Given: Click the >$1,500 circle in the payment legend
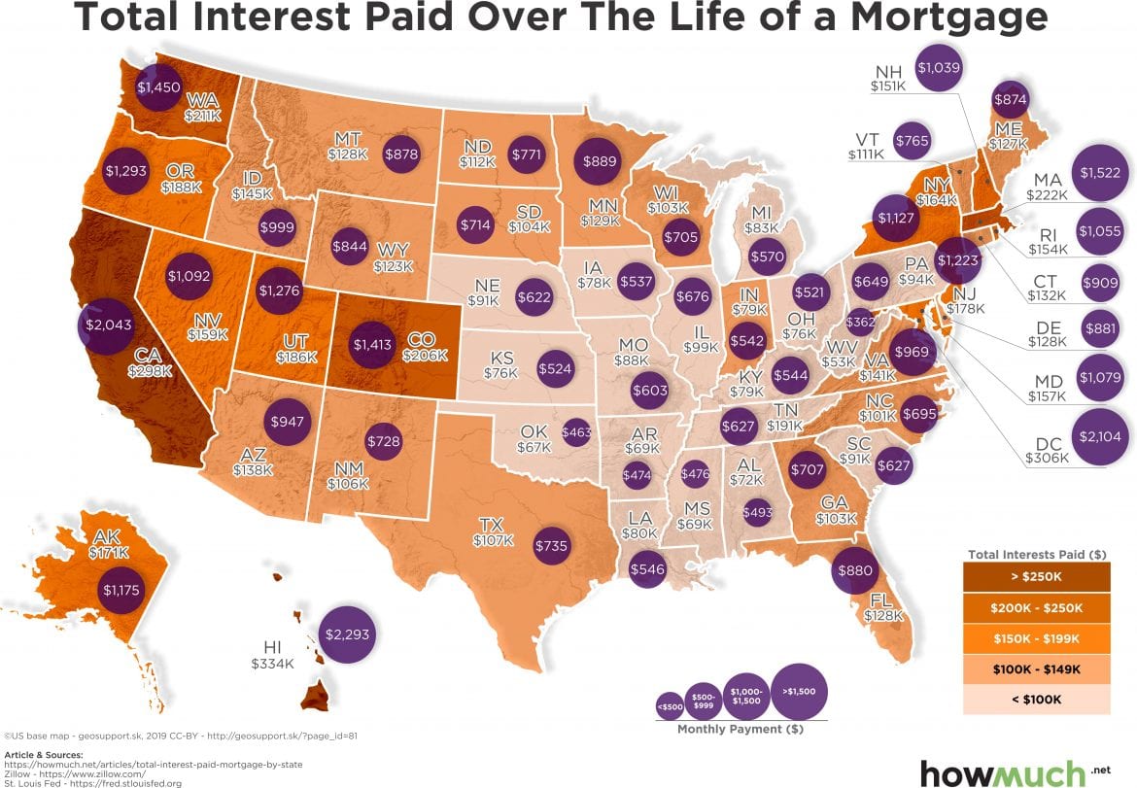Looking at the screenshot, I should (x=799, y=690).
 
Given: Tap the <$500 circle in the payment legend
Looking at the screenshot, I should (x=670, y=706).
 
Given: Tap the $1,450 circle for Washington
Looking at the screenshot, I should (x=156, y=86).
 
